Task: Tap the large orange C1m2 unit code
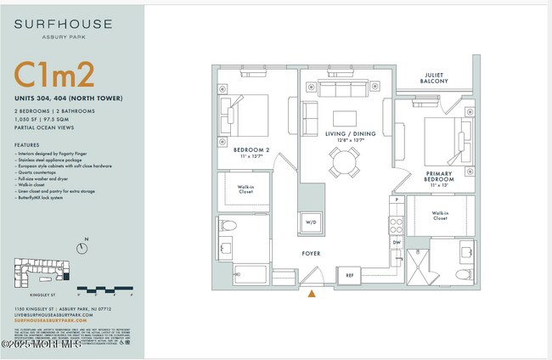pos(54,76)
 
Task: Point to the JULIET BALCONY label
pos(435,78)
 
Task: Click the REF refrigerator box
pos(349,275)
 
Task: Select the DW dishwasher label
pos(396,242)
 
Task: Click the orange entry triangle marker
pos(313,294)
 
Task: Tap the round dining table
pos(345,161)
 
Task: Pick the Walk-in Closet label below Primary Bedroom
pos(440,216)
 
